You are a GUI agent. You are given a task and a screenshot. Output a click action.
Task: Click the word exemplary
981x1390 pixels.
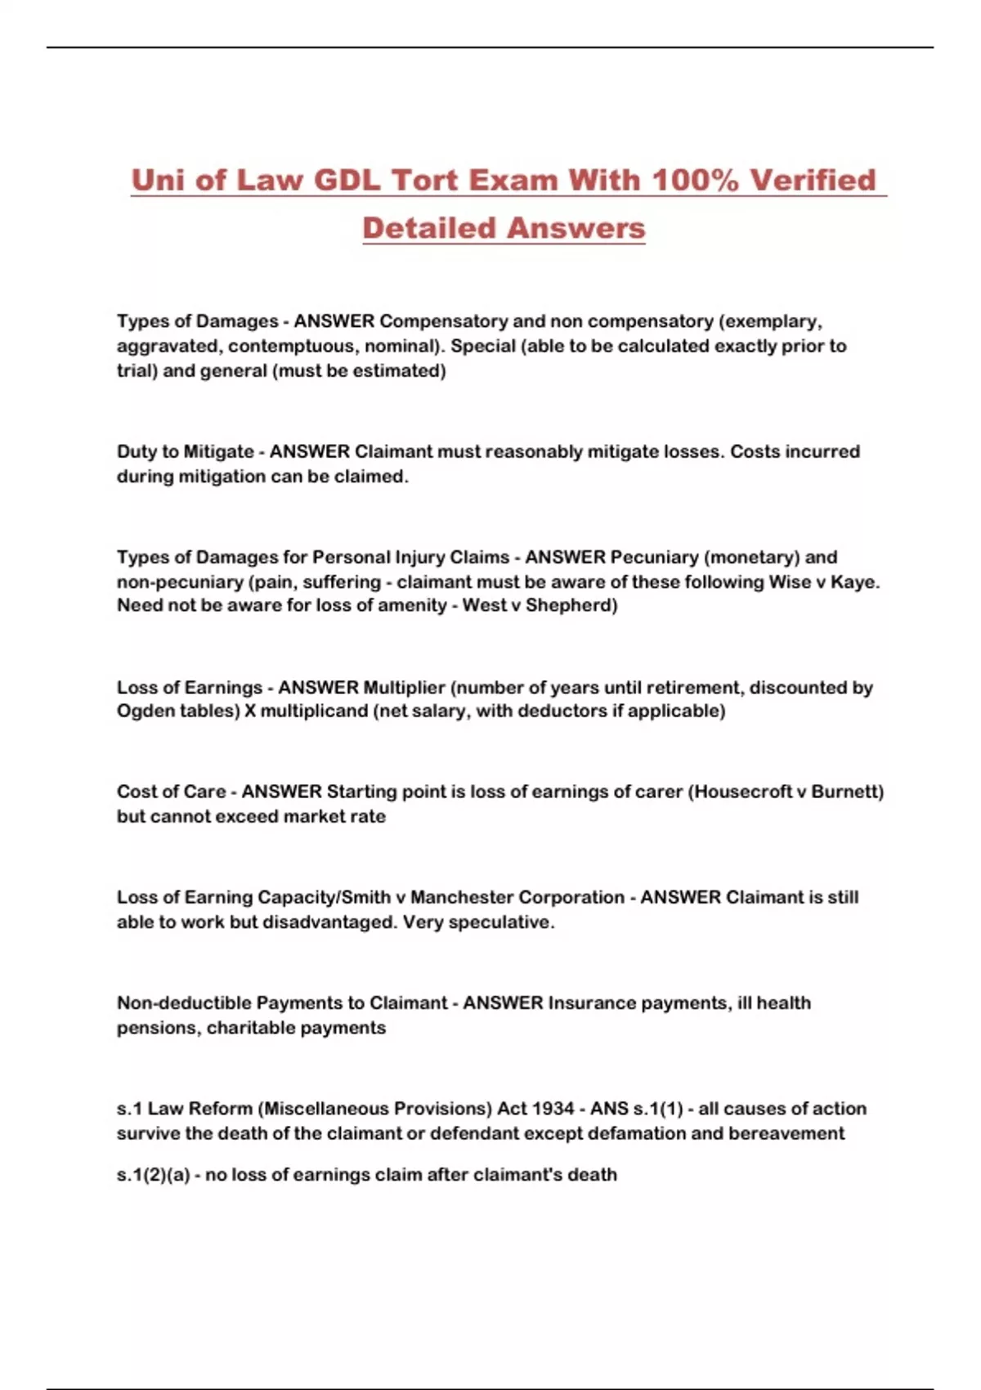pos(772,321)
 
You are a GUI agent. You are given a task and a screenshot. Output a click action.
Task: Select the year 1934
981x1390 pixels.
pos(553,1109)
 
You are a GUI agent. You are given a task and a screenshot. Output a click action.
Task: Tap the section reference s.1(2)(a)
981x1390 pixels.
pos(154,1175)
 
